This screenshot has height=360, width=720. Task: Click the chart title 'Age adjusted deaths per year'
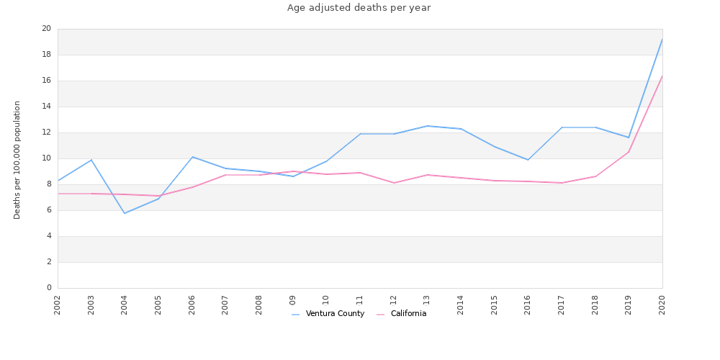359,8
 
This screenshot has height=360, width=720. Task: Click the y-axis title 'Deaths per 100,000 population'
17,160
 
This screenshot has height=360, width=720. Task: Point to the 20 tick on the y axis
47,29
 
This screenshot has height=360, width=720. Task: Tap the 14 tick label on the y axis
47,107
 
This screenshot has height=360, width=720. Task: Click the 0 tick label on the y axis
49,288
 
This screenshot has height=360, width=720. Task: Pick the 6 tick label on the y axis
49,210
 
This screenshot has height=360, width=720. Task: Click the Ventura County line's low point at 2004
125,213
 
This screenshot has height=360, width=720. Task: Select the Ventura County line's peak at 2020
662,40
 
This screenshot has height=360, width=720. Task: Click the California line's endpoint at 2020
662,76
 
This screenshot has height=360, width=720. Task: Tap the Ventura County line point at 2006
192,157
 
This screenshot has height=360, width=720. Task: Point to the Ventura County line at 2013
427,126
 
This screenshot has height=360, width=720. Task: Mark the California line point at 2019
629,152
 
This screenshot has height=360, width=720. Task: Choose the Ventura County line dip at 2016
528,160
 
